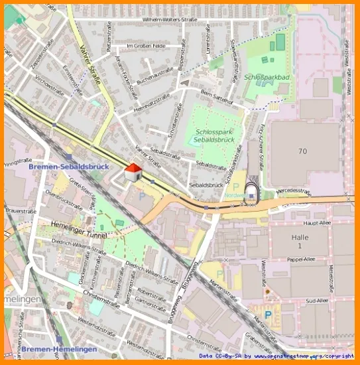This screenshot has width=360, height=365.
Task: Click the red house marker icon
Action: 133,173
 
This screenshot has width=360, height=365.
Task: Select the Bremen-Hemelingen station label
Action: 59,349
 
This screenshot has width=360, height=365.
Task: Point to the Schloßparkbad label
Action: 267,77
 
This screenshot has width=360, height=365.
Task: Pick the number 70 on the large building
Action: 302,151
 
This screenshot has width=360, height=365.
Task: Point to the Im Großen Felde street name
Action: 147,46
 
